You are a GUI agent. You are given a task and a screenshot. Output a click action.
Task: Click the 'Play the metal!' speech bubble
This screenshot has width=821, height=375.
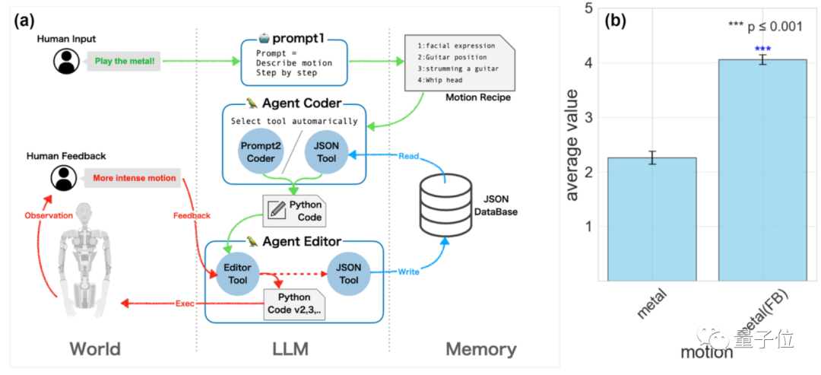pyautogui.click(x=125, y=62)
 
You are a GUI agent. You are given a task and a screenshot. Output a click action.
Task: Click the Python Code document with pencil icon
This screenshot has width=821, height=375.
pyautogui.click(x=293, y=210)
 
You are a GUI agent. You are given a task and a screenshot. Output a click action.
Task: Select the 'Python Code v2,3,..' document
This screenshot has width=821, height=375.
pyautogui.click(x=294, y=303)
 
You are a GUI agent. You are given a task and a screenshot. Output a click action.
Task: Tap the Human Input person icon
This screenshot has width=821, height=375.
pyautogui.click(x=67, y=62)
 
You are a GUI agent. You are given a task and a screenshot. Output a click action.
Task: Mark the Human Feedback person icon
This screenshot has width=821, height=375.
pyautogui.click(x=65, y=179)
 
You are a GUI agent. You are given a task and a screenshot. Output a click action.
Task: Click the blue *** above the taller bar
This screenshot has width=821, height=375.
pyautogui.click(x=762, y=49)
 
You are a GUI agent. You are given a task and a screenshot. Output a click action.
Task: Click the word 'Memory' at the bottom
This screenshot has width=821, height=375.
pyautogui.click(x=480, y=349)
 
